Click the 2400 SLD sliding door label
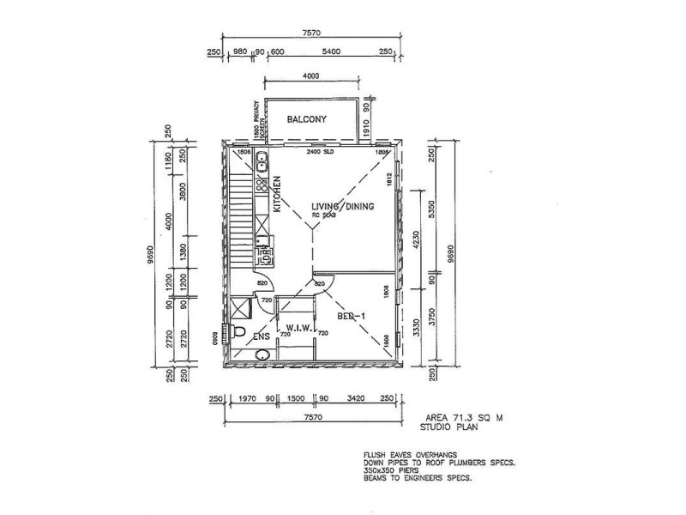click(321, 152)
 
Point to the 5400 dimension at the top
click(330, 51)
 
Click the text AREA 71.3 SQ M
click(456, 415)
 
